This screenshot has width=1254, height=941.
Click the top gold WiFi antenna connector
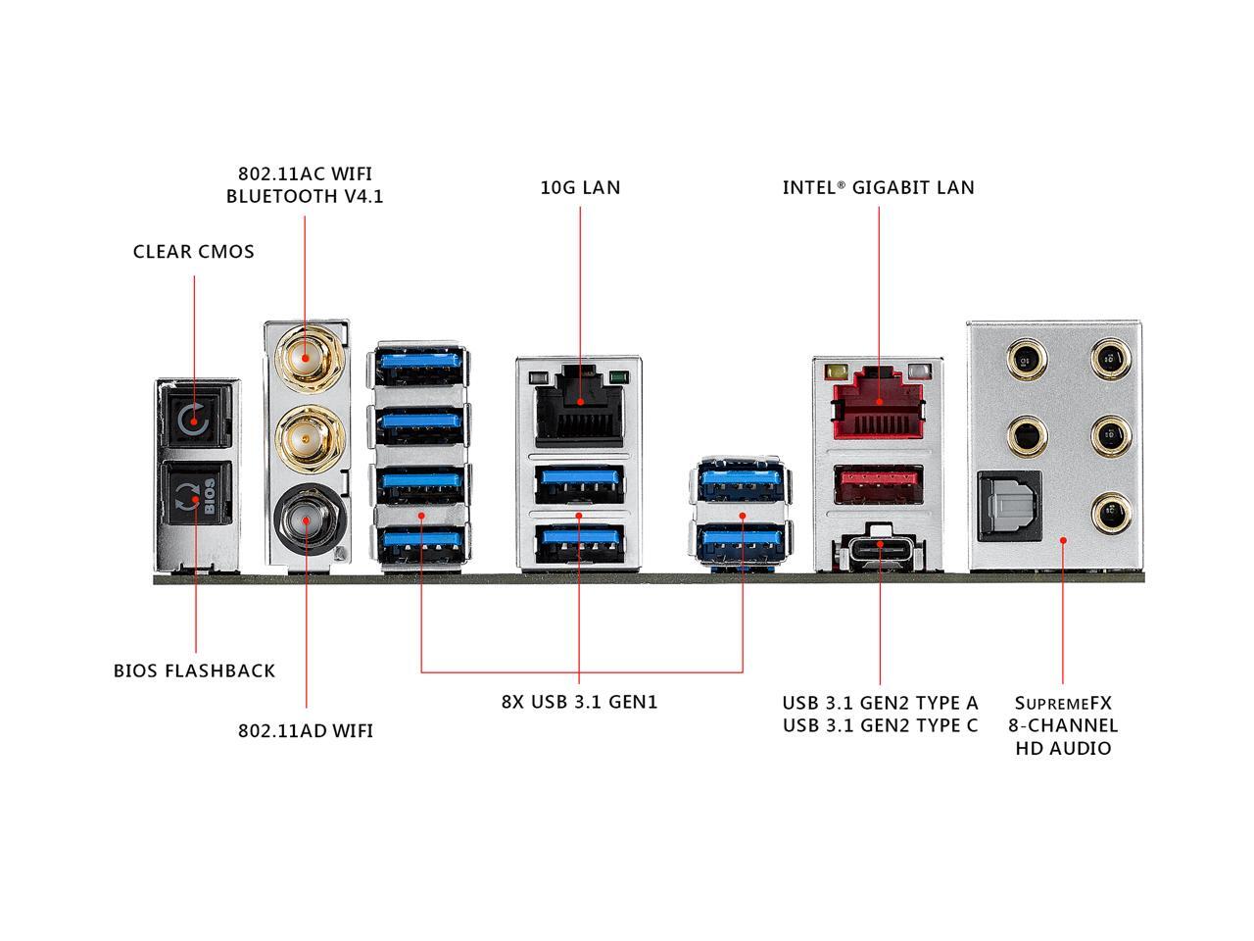pyautogui.click(x=305, y=356)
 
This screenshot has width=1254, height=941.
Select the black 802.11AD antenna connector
pyautogui.click(x=305, y=520)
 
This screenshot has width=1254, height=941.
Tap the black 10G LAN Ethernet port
pyautogui.click(x=579, y=402)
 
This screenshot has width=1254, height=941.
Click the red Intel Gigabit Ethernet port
pyautogui.click(x=878, y=402)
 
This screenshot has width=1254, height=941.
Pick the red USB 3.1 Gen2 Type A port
pyautogui.click(x=878, y=483)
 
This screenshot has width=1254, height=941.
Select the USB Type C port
pyautogui.click(x=878, y=547)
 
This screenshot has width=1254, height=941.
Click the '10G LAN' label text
pyautogui.click(x=580, y=187)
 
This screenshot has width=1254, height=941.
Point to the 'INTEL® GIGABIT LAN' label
pyautogui.click(x=878, y=187)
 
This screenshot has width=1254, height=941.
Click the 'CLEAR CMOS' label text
pyautogui.click(x=194, y=252)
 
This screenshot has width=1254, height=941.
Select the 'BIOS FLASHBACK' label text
pyautogui.click(x=194, y=671)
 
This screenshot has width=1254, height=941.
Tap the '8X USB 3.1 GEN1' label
pyautogui.click(x=580, y=703)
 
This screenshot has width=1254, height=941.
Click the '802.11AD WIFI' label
pyautogui.click(x=306, y=731)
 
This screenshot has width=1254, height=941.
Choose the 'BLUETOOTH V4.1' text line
pyautogui.click(x=305, y=196)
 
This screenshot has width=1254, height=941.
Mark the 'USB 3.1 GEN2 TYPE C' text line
pyautogui.click(x=880, y=725)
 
